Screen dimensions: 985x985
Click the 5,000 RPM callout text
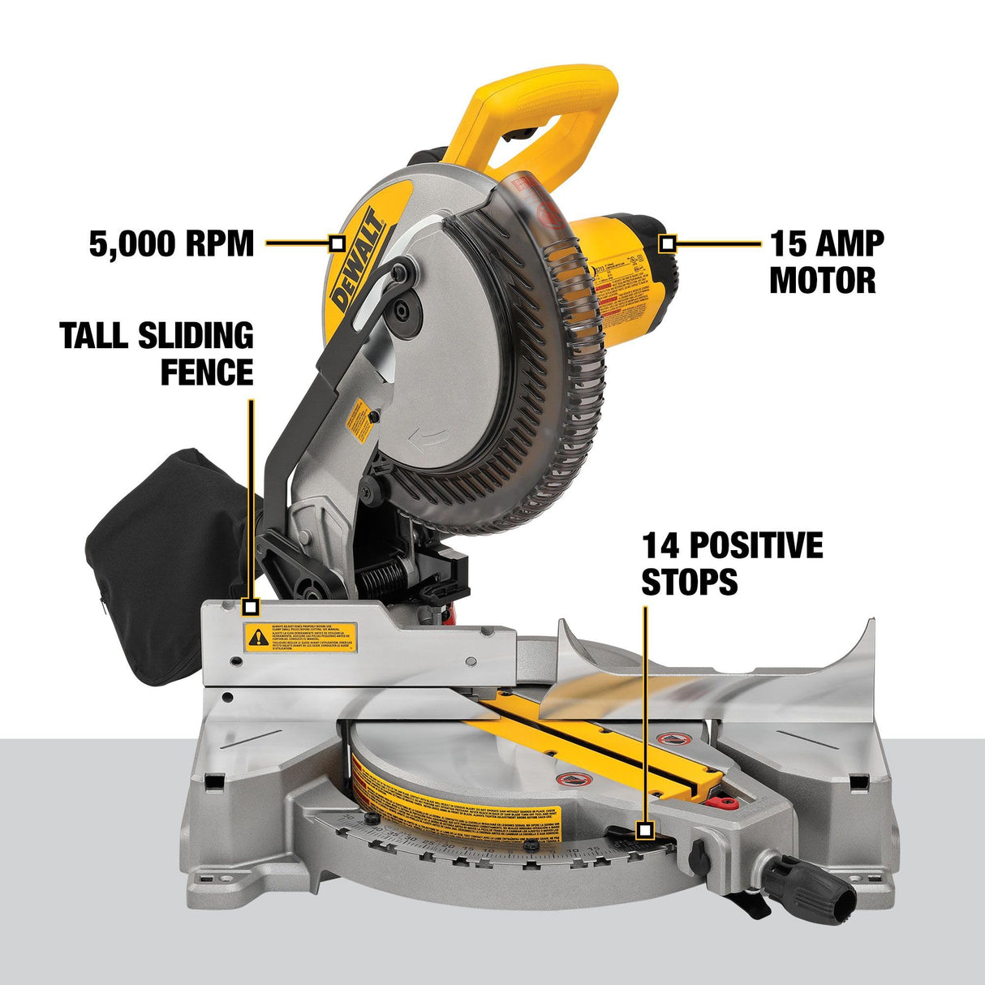click(171, 243)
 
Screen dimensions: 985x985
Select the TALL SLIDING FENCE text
click(157, 354)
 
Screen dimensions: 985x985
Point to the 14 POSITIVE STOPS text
click(732, 563)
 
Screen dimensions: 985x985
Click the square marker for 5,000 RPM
click(338, 242)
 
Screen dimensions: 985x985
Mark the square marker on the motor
click(667, 242)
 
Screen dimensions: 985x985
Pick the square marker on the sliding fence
click(251, 606)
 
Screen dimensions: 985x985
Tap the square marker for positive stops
click(645, 830)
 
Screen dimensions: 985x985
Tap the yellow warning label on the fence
click(301, 635)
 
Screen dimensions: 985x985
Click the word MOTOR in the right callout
click(823, 281)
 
